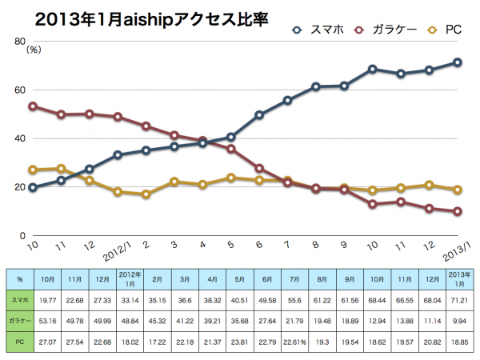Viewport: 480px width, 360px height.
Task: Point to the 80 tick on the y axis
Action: tap(18, 41)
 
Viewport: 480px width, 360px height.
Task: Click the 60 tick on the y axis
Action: tap(18, 90)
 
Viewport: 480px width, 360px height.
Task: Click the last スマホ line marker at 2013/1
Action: tap(458, 62)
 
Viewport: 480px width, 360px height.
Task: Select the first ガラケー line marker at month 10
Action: tap(33, 106)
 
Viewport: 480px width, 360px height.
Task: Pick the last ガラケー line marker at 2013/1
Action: tap(458, 212)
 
